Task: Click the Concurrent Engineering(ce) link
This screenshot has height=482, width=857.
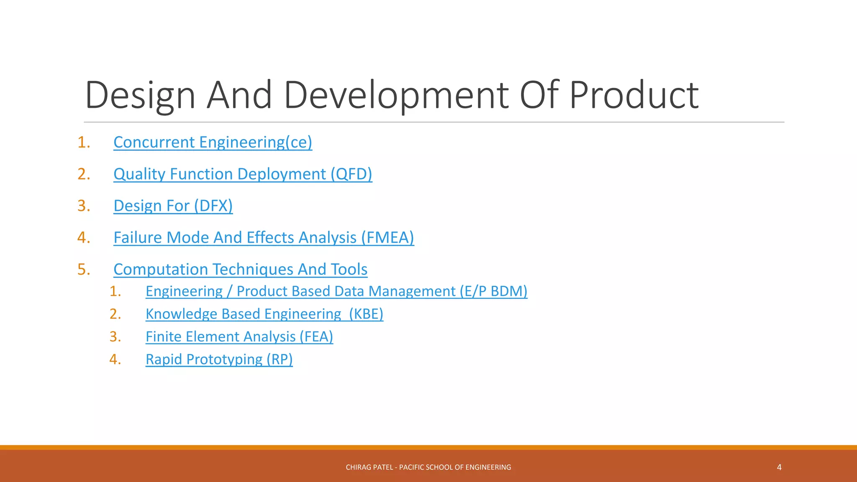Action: (x=213, y=142)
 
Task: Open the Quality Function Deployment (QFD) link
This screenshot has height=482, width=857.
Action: (x=243, y=174)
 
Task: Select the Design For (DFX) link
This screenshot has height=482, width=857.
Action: (x=173, y=206)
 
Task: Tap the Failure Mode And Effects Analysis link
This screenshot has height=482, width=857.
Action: (x=264, y=238)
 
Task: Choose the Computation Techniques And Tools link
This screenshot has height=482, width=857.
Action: (x=240, y=269)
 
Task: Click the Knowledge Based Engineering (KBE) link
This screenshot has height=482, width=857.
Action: (x=264, y=314)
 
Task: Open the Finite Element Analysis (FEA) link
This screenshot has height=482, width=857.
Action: (x=239, y=336)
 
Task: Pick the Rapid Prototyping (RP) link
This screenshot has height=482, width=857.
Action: (x=219, y=359)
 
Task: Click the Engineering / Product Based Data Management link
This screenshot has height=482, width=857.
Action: (x=336, y=291)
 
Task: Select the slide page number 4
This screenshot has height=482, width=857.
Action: (x=779, y=467)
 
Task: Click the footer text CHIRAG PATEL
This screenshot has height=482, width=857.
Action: (x=369, y=467)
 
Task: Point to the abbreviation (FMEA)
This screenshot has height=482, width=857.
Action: (x=387, y=238)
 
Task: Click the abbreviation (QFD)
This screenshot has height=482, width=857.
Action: (x=351, y=174)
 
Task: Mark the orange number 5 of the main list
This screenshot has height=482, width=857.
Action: (x=83, y=269)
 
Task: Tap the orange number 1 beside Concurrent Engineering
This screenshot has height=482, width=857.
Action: (x=83, y=142)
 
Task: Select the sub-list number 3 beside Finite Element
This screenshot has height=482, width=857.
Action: (x=115, y=336)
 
